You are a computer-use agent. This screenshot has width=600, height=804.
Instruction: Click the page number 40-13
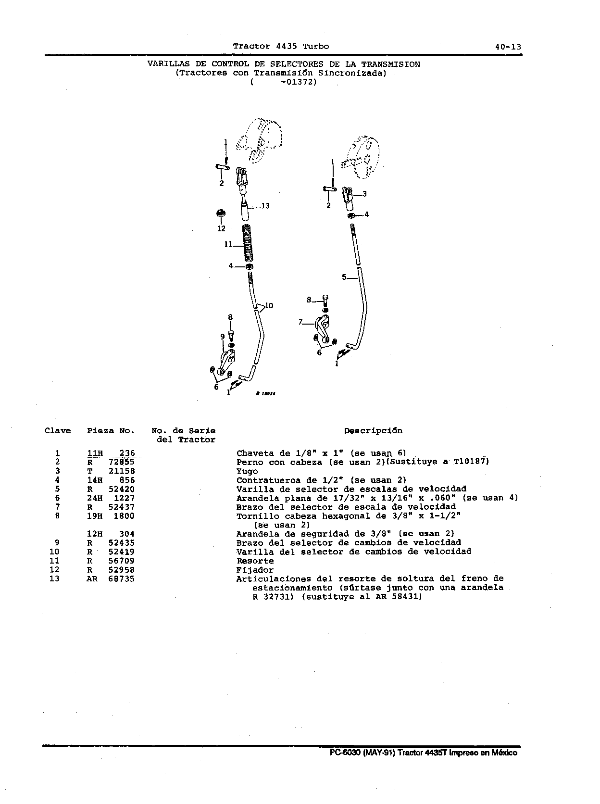click(x=508, y=47)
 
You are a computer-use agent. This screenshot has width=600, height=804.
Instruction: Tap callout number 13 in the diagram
click(x=265, y=206)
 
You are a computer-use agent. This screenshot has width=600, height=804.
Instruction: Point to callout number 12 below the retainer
click(x=222, y=228)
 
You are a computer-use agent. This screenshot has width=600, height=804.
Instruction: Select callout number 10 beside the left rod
click(x=269, y=305)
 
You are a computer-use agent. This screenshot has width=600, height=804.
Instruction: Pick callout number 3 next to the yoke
click(x=364, y=194)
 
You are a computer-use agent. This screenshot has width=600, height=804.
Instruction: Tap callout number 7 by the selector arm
click(x=300, y=322)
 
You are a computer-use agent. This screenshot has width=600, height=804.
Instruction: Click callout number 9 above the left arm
click(x=222, y=336)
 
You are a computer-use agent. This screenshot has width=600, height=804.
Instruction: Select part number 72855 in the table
click(x=122, y=462)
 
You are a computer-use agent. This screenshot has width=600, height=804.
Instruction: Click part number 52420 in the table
click(x=122, y=489)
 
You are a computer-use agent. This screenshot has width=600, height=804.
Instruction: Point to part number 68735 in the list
click(x=122, y=579)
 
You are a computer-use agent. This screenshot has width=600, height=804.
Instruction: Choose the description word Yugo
click(x=247, y=471)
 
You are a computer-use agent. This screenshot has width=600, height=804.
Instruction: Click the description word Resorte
click(x=255, y=561)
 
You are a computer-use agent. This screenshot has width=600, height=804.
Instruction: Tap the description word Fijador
click(x=255, y=570)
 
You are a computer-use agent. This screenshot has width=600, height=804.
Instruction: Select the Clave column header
click(x=58, y=431)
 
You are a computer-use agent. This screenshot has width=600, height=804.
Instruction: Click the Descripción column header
click(x=373, y=431)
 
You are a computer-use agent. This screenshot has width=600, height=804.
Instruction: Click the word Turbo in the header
click(x=316, y=47)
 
